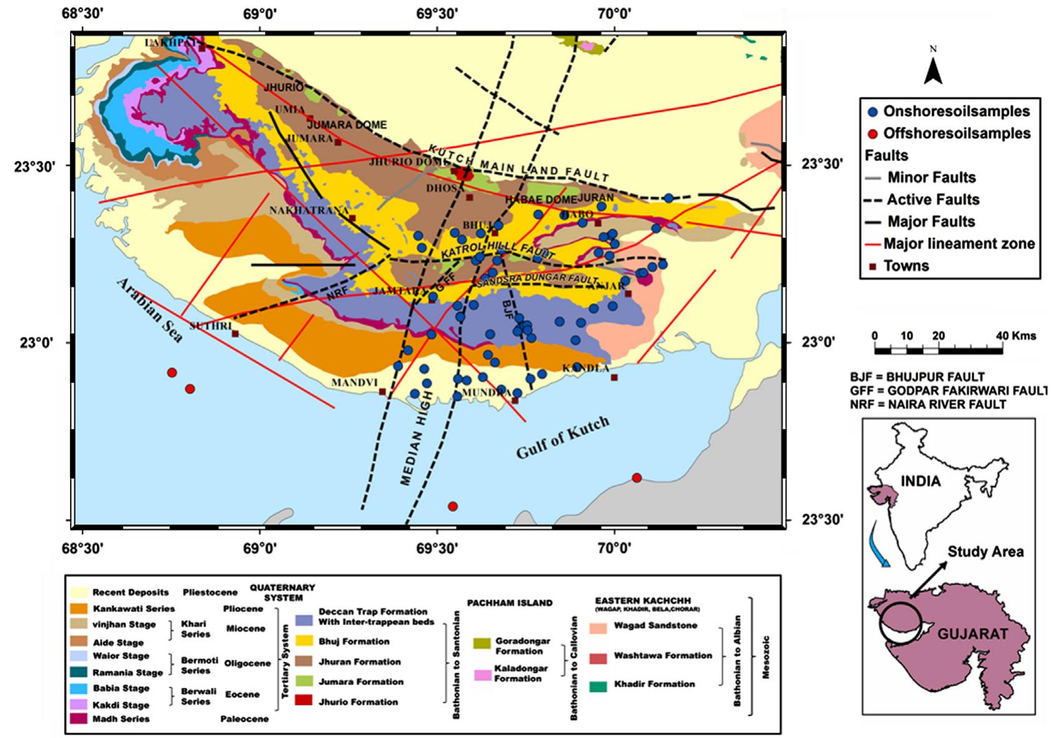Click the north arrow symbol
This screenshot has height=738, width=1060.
pos(933,70)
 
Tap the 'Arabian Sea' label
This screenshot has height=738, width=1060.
pos(151,311)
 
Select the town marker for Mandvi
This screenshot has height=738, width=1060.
pos(383,392)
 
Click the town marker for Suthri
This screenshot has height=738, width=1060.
pos(235,334)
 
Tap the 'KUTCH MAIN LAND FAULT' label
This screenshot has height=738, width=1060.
pos(518,164)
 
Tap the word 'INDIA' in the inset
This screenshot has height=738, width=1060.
pos(921,481)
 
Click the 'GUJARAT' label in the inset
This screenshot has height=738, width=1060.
pos(973,634)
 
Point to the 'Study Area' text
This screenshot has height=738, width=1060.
pos(985,552)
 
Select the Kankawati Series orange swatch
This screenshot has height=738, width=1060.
pos(80,608)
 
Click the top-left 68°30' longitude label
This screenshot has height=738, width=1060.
pos(83,12)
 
